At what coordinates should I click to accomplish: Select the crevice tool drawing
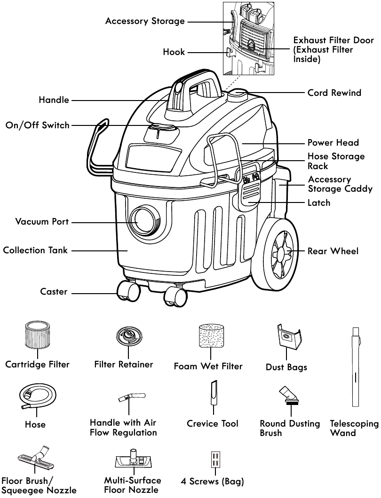[213, 395]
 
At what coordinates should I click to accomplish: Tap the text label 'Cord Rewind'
[334, 93]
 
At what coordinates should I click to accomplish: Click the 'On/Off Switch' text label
[37, 125]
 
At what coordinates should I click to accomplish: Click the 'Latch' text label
[318, 203]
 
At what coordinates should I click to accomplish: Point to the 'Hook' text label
[174, 52]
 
